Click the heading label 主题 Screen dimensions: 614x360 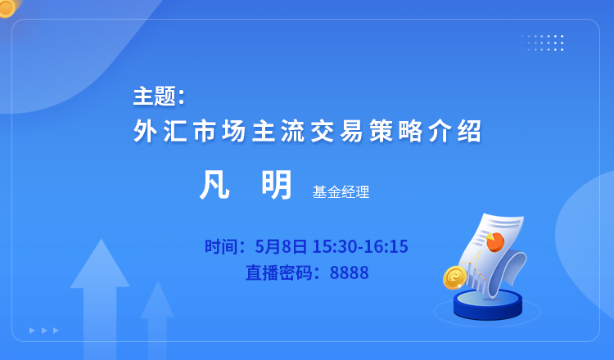[154, 97]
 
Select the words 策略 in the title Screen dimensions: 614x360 [395, 131]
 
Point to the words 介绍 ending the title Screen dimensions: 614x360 [454, 131]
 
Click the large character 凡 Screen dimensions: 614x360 [214, 185]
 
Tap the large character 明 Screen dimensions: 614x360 [277, 185]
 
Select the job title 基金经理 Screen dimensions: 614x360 [341, 192]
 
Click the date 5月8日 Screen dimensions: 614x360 [281, 246]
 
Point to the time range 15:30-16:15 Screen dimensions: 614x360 [360, 246]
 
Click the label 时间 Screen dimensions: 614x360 [219, 246]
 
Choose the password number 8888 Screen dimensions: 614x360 [350, 272]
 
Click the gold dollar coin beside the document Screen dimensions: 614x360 [454, 278]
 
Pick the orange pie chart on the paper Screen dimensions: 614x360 [495, 241]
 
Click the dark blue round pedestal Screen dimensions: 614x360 [488, 305]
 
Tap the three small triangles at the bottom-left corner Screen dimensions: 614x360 [44, 331]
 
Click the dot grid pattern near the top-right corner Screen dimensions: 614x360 [542, 43]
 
